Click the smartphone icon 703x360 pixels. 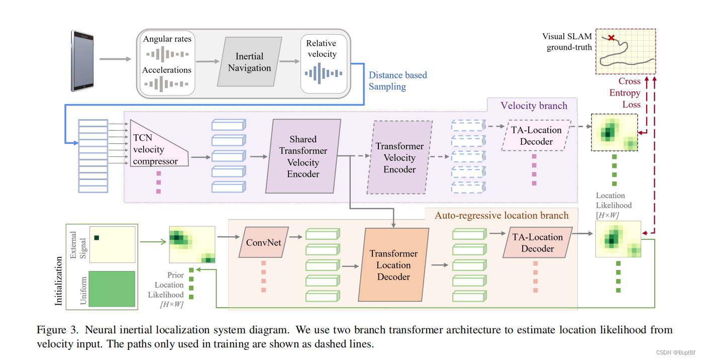(x=82, y=60)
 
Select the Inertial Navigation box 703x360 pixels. (x=249, y=62)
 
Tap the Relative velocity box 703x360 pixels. (x=324, y=63)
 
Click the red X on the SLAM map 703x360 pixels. (x=611, y=38)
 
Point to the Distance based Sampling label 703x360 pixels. (x=397, y=80)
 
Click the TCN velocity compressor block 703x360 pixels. (x=156, y=144)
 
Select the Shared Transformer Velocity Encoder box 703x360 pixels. (x=303, y=156)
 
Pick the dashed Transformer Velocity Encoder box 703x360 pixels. (x=399, y=157)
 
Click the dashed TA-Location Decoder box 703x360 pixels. (x=536, y=136)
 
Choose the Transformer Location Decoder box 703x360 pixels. (x=393, y=265)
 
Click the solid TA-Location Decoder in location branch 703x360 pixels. (x=537, y=243)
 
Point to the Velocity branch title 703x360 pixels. (x=534, y=106)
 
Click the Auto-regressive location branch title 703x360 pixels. (x=501, y=215)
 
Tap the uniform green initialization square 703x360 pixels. (x=112, y=289)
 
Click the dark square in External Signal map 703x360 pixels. (x=97, y=238)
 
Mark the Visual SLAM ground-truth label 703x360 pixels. (x=567, y=42)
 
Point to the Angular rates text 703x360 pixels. (x=167, y=39)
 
